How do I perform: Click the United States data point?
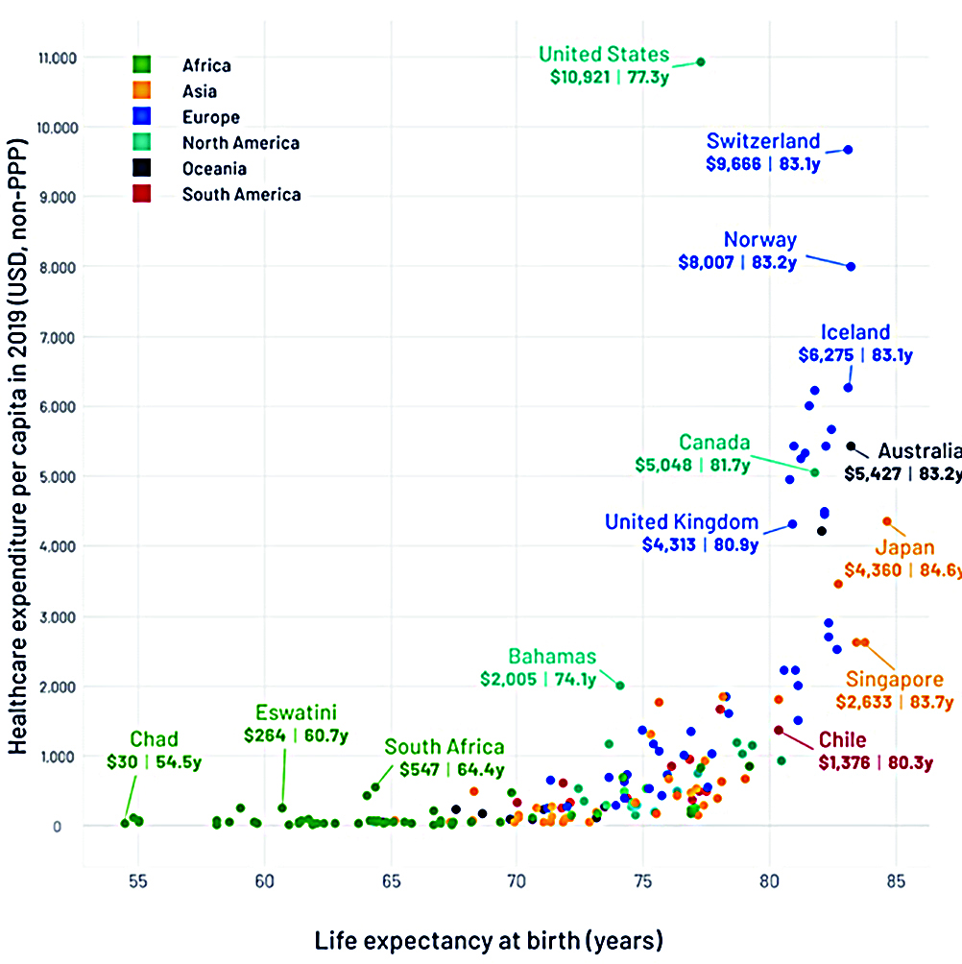click(701, 61)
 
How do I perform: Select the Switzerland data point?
click(849, 150)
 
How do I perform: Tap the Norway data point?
click(851, 266)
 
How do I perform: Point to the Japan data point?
click(887, 521)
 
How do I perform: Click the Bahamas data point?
click(620, 686)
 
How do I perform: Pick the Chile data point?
click(778, 731)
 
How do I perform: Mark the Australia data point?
click(851, 446)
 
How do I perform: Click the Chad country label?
click(155, 739)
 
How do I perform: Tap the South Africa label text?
click(445, 747)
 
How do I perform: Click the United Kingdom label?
click(682, 522)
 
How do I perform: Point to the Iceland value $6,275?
click(826, 355)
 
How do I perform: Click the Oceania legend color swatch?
click(141, 168)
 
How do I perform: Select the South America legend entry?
click(241, 194)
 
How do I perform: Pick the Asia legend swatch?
click(141, 91)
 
